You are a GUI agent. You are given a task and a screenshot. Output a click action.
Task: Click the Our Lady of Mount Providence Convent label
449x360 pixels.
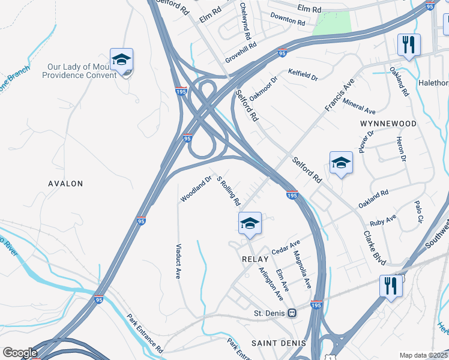[x=79, y=71]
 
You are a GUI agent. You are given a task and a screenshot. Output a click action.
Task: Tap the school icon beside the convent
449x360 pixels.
[x=121, y=60]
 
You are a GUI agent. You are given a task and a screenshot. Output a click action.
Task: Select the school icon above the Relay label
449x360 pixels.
[x=250, y=224]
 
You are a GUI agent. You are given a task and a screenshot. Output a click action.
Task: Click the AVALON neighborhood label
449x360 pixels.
[x=65, y=184]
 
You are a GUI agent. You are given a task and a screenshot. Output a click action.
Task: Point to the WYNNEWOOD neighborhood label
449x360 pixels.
[x=388, y=124]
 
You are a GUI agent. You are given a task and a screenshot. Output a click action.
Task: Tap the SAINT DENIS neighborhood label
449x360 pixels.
[x=278, y=343]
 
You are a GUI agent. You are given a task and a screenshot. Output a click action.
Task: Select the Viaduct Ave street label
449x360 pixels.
[x=178, y=261]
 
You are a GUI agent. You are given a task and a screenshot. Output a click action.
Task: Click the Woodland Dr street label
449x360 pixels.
[x=196, y=188]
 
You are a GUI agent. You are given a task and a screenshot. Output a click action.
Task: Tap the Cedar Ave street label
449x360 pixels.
[x=286, y=246]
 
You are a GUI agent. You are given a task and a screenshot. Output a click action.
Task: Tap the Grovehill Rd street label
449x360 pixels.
[x=241, y=52]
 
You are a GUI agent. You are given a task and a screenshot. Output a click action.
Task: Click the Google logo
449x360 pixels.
[x=20, y=353]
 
